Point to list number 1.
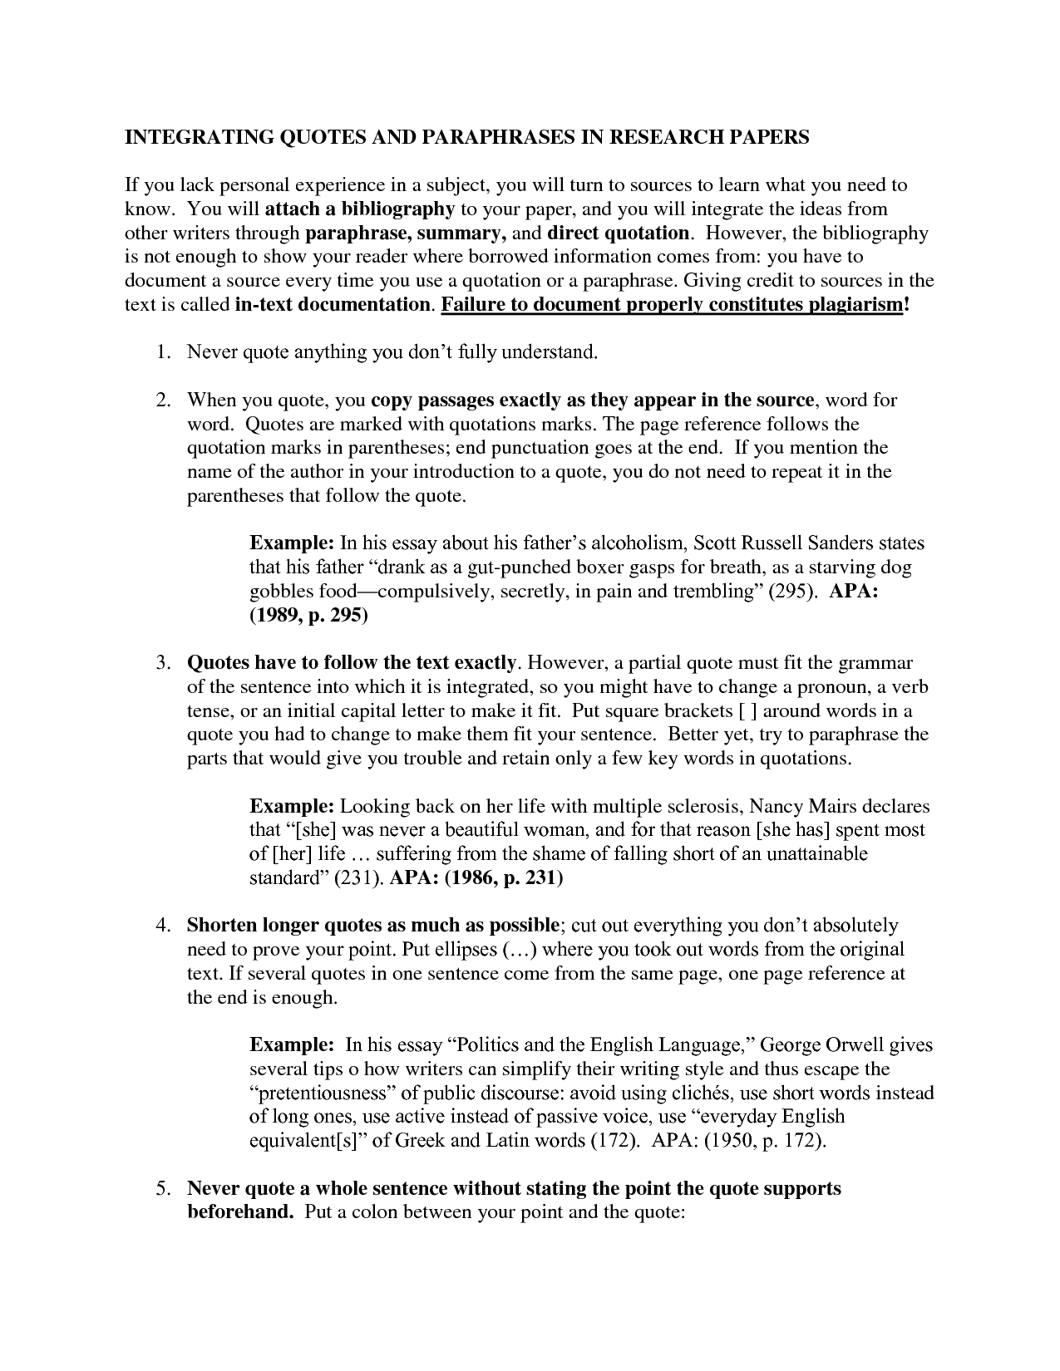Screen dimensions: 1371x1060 point(161,352)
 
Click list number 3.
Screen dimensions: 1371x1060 point(161,663)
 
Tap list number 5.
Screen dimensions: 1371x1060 point(161,1188)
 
